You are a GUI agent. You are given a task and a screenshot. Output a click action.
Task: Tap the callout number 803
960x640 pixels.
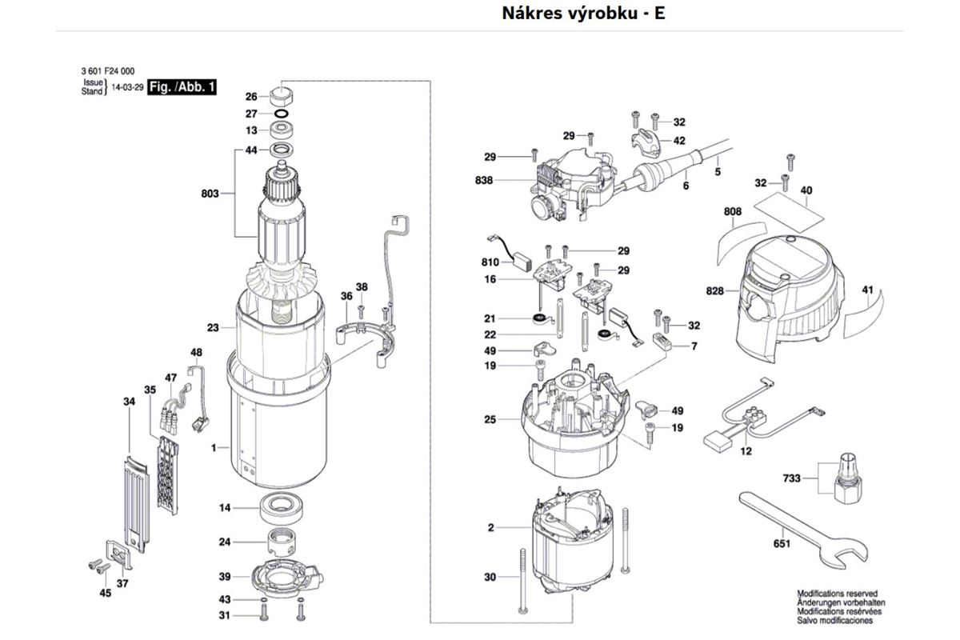click(x=210, y=194)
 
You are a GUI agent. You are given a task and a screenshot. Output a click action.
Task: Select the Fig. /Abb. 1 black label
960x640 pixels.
click(x=182, y=87)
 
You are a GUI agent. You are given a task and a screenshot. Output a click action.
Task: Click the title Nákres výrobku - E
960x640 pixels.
click(x=583, y=14)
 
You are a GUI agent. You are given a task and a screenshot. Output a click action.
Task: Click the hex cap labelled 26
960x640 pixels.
click(x=281, y=98)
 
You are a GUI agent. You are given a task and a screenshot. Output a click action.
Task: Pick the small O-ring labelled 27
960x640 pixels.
click(x=281, y=114)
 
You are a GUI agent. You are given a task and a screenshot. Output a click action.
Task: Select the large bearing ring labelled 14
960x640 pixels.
click(x=282, y=508)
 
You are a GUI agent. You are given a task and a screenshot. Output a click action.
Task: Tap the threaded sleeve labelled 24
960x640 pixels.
click(x=281, y=542)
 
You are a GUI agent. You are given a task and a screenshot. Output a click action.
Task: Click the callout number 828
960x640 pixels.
click(x=714, y=291)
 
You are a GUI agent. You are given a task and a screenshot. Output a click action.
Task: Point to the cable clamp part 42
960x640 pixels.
click(x=646, y=140)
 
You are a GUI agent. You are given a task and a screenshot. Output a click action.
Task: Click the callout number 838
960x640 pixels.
click(x=484, y=181)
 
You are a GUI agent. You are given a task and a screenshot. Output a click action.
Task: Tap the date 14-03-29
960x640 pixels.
click(x=127, y=87)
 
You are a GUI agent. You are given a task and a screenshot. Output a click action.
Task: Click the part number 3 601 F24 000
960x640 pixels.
click(x=107, y=71)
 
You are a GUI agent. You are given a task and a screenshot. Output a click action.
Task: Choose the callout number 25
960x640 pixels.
click(x=490, y=420)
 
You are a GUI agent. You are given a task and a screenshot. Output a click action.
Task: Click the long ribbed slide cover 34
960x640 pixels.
click(x=137, y=505)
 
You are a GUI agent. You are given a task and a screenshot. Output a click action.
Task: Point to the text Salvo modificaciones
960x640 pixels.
click(x=834, y=620)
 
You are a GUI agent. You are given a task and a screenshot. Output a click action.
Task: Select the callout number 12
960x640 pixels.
click(x=746, y=451)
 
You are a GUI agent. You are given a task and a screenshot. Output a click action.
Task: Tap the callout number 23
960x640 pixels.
click(x=213, y=328)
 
